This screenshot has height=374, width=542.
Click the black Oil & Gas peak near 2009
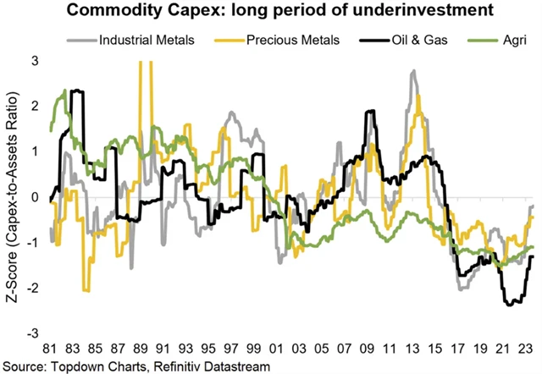coord(369,112)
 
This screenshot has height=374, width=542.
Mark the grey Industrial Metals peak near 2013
coord(412,72)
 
